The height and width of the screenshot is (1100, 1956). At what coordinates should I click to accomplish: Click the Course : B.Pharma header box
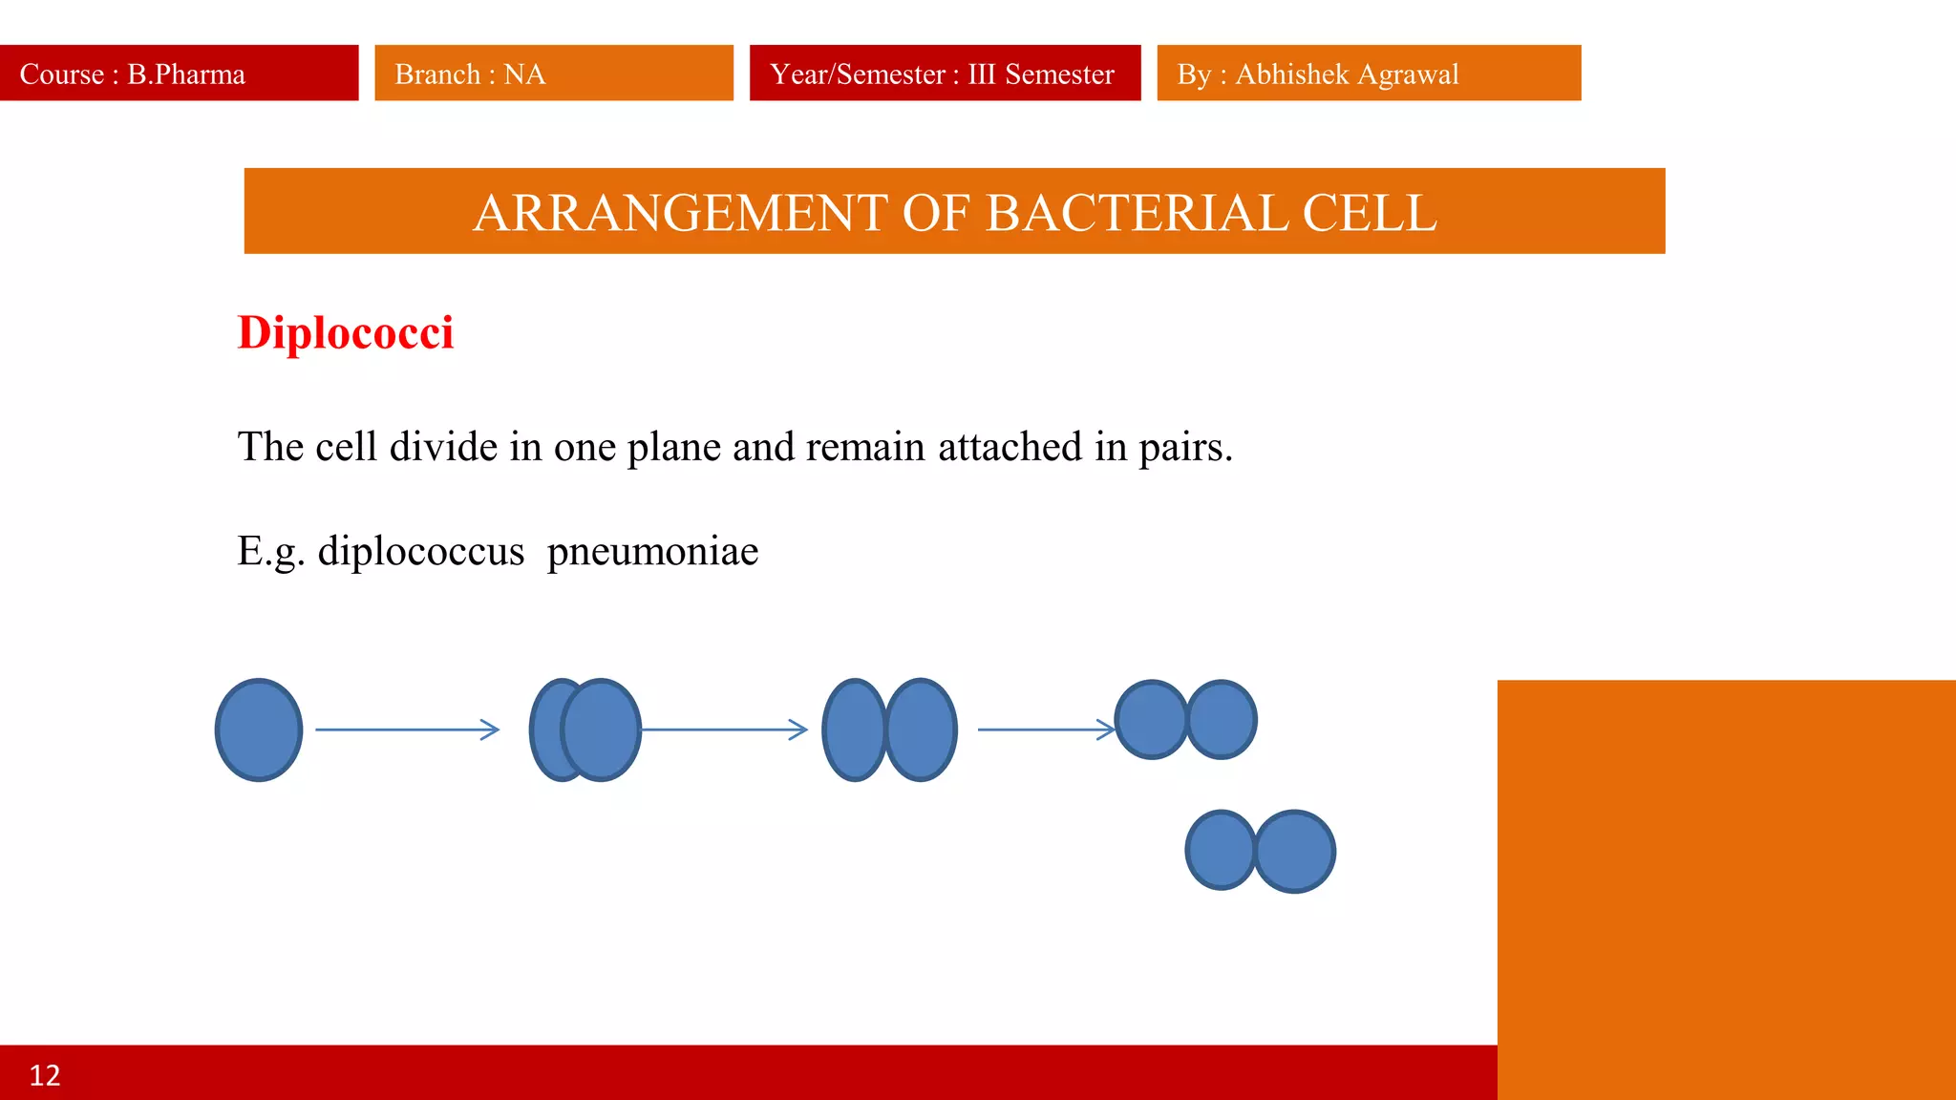pos(179,74)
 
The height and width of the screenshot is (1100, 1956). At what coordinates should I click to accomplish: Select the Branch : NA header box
pos(553,74)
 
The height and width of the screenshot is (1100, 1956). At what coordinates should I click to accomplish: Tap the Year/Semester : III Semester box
pos(945,74)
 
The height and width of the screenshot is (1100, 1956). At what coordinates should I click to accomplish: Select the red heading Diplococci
pos(346,333)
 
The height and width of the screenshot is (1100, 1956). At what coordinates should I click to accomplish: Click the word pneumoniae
pos(652,552)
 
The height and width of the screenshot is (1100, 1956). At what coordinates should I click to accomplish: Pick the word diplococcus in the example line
pos(421,552)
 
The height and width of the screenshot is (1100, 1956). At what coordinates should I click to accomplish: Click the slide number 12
pos(45,1075)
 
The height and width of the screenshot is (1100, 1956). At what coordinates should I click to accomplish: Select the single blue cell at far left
pos(259,730)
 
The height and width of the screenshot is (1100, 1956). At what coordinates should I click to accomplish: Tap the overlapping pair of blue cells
pos(585,730)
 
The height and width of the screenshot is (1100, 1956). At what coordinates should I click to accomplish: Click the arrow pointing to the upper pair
pos(1046,730)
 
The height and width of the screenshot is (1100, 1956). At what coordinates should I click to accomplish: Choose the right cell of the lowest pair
pos(1295,852)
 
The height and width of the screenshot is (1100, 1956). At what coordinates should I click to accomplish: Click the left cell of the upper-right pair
pos(1151,720)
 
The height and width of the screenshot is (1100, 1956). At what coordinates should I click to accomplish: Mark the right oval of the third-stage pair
pos(922,730)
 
